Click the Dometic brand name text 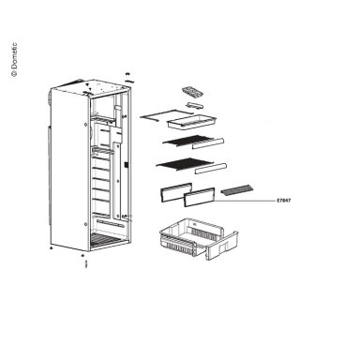pyautogui.click(x=14, y=59)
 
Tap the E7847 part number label pyautogui.click(x=284, y=201)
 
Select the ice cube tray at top pyautogui.click(x=192, y=92)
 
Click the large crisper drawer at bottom pyautogui.click(x=199, y=238)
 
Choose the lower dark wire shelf pyautogui.click(x=185, y=165)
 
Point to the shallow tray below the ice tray pyautogui.click(x=191, y=121)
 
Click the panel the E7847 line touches pyautogui.click(x=200, y=197)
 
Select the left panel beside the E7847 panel pyautogui.click(x=176, y=191)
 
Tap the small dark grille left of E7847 pyautogui.click(x=236, y=189)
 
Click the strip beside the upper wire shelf pyautogui.click(x=208, y=143)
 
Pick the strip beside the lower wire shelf pyautogui.click(x=211, y=169)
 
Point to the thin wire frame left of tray pyautogui.click(x=166, y=114)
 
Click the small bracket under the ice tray pyautogui.click(x=195, y=105)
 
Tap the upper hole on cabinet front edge pyautogui.click(x=85, y=125)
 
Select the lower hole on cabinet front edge pyautogui.click(x=85, y=224)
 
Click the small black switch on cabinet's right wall pyautogui.click(x=126, y=164)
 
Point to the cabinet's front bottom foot pyautogui.click(x=82, y=255)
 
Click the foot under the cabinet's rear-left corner pyautogui.click(x=52, y=247)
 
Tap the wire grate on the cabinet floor pyautogui.click(x=105, y=240)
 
